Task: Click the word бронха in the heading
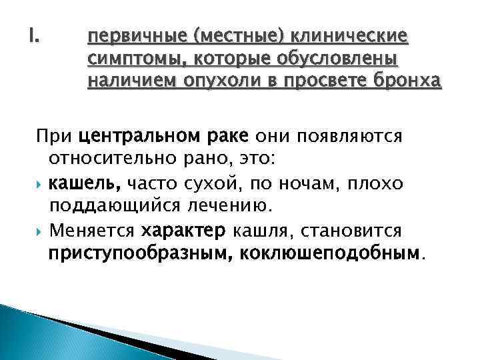coord(407,81)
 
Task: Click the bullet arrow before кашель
coord(41,183)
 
